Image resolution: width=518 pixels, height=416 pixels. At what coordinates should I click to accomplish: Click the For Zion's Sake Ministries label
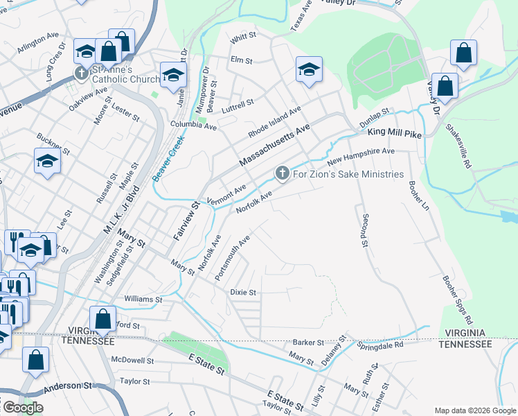[348, 174]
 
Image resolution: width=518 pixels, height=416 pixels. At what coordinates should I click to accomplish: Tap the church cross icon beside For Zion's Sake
[282, 173]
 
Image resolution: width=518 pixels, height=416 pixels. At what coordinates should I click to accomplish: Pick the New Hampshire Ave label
[360, 156]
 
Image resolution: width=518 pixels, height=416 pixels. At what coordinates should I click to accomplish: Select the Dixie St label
[243, 293]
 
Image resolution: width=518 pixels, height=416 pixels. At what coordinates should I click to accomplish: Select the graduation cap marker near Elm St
[309, 69]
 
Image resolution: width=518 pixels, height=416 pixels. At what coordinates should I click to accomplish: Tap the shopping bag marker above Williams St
[103, 319]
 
